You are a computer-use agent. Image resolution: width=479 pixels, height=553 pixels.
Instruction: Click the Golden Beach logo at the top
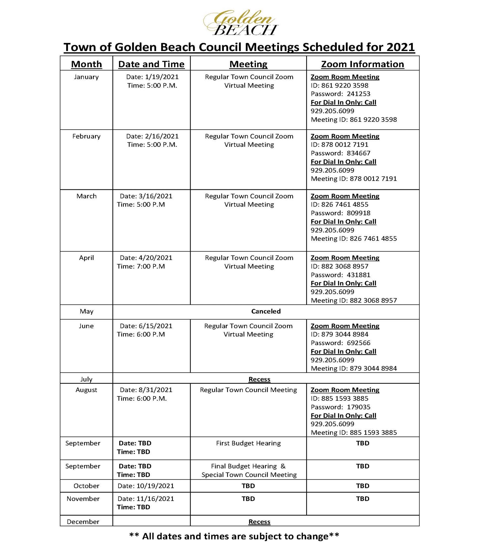pos(240,23)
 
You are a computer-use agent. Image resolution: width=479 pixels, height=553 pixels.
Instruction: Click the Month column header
pos(86,64)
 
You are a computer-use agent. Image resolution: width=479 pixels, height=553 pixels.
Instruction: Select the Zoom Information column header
pos(362,64)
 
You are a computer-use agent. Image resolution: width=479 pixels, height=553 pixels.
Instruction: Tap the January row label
pos(86,77)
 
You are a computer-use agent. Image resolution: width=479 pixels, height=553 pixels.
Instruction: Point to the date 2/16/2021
pos(161,136)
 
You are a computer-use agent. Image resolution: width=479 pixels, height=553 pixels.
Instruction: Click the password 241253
pos(358,94)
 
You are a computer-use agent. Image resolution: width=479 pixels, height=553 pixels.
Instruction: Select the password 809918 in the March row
pos(358,213)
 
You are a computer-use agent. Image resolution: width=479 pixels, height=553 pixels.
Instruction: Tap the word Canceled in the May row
pos(266,311)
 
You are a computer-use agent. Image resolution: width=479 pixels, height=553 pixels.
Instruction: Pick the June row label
pos(86,326)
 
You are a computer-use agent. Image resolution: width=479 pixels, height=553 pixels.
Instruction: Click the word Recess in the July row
pos(259,379)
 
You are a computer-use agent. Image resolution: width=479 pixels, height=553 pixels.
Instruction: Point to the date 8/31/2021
pos(155,390)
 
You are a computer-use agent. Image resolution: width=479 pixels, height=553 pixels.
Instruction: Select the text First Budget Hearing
pos(248,443)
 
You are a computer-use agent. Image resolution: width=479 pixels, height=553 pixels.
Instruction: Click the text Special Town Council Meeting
pos(249,475)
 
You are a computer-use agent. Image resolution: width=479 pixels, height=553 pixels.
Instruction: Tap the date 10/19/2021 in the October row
pos(155,486)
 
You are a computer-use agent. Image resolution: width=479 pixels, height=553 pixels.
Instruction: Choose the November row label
pos(83,499)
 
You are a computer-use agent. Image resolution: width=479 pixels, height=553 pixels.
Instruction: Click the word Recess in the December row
pos(259,522)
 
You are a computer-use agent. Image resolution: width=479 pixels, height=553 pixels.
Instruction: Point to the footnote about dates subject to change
pos(234,536)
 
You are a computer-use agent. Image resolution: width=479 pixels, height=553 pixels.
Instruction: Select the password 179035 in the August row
pos(358,407)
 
